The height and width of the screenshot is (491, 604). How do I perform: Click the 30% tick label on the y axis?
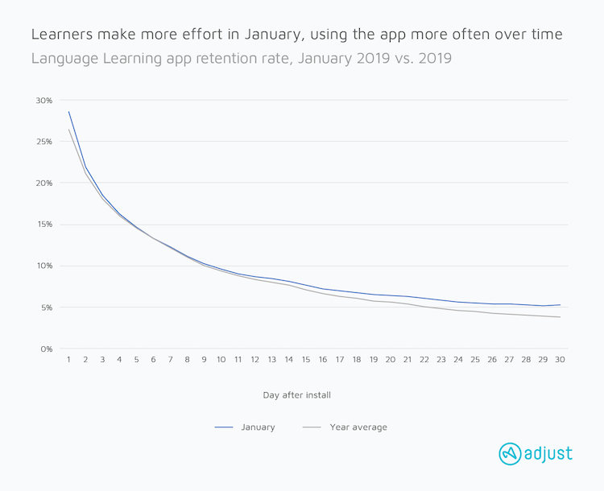coord(44,101)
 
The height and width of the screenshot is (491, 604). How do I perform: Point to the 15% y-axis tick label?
coord(44,225)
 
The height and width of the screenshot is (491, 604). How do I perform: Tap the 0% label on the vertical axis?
coord(47,349)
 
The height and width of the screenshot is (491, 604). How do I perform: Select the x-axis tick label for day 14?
coord(289,360)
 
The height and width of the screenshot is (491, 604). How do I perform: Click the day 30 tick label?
coord(560,360)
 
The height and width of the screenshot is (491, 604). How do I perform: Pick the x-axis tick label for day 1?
coord(68,360)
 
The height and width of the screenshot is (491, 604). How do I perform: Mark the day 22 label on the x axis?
coord(424,360)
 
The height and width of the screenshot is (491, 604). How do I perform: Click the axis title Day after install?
coord(296,395)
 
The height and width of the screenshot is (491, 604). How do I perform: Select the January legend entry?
coord(258,427)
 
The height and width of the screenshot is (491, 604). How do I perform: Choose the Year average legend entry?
coord(358,427)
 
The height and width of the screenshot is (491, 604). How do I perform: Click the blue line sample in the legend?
coord(224,427)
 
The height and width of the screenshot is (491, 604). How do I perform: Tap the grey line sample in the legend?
coord(312,427)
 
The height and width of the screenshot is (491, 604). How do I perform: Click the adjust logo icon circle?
coord(510,454)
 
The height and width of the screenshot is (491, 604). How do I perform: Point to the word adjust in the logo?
coord(548,454)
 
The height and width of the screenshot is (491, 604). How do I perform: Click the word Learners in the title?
coord(62,35)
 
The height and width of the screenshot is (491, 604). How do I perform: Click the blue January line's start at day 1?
coord(69,112)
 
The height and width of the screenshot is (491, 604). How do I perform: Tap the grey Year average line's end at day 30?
coord(560,317)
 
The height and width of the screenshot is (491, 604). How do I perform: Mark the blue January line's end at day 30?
coord(560,304)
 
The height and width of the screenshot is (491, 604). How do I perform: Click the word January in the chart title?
coord(272,35)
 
